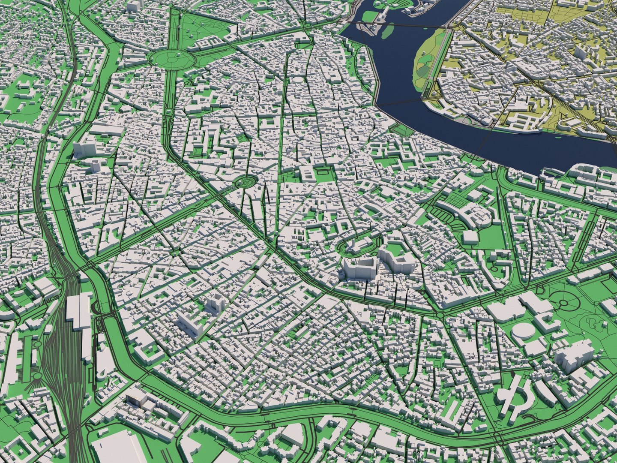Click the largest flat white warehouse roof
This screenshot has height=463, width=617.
coord(114,448)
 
